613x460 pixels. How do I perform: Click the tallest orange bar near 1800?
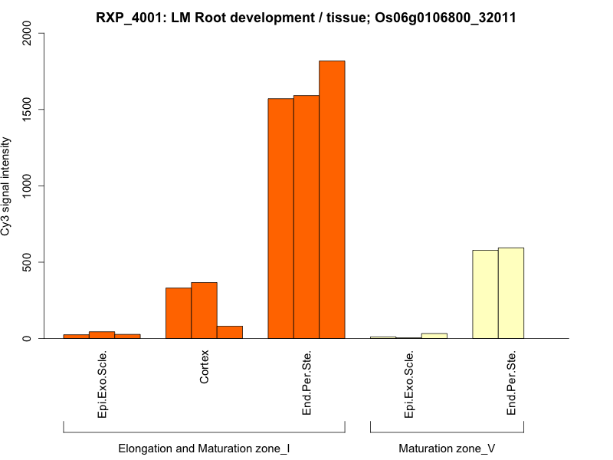[x=332, y=199]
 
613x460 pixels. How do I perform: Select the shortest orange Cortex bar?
[x=229, y=332]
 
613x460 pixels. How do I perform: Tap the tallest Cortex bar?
[x=204, y=310]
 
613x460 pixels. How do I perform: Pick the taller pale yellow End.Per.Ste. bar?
[x=511, y=293]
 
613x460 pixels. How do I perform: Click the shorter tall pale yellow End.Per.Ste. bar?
[x=485, y=294]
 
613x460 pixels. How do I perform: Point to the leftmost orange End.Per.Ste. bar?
[x=280, y=219]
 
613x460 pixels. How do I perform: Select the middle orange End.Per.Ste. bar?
[x=306, y=217]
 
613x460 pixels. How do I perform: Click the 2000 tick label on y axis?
[x=27, y=33]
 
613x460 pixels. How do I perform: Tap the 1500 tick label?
[x=27, y=110]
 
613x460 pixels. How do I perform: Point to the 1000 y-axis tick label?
[x=27, y=186]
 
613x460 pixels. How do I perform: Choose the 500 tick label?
[x=27, y=262]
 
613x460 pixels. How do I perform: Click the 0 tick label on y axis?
[x=27, y=338]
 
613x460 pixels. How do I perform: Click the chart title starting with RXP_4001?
[x=306, y=17]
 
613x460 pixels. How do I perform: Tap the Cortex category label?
[x=204, y=368]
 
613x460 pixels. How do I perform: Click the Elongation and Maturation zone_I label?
[x=204, y=448]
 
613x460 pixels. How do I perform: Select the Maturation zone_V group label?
[x=447, y=448]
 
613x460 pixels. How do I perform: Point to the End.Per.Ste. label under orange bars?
[x=306, y=383]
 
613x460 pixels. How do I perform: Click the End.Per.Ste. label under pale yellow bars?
[x=511, y=383]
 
